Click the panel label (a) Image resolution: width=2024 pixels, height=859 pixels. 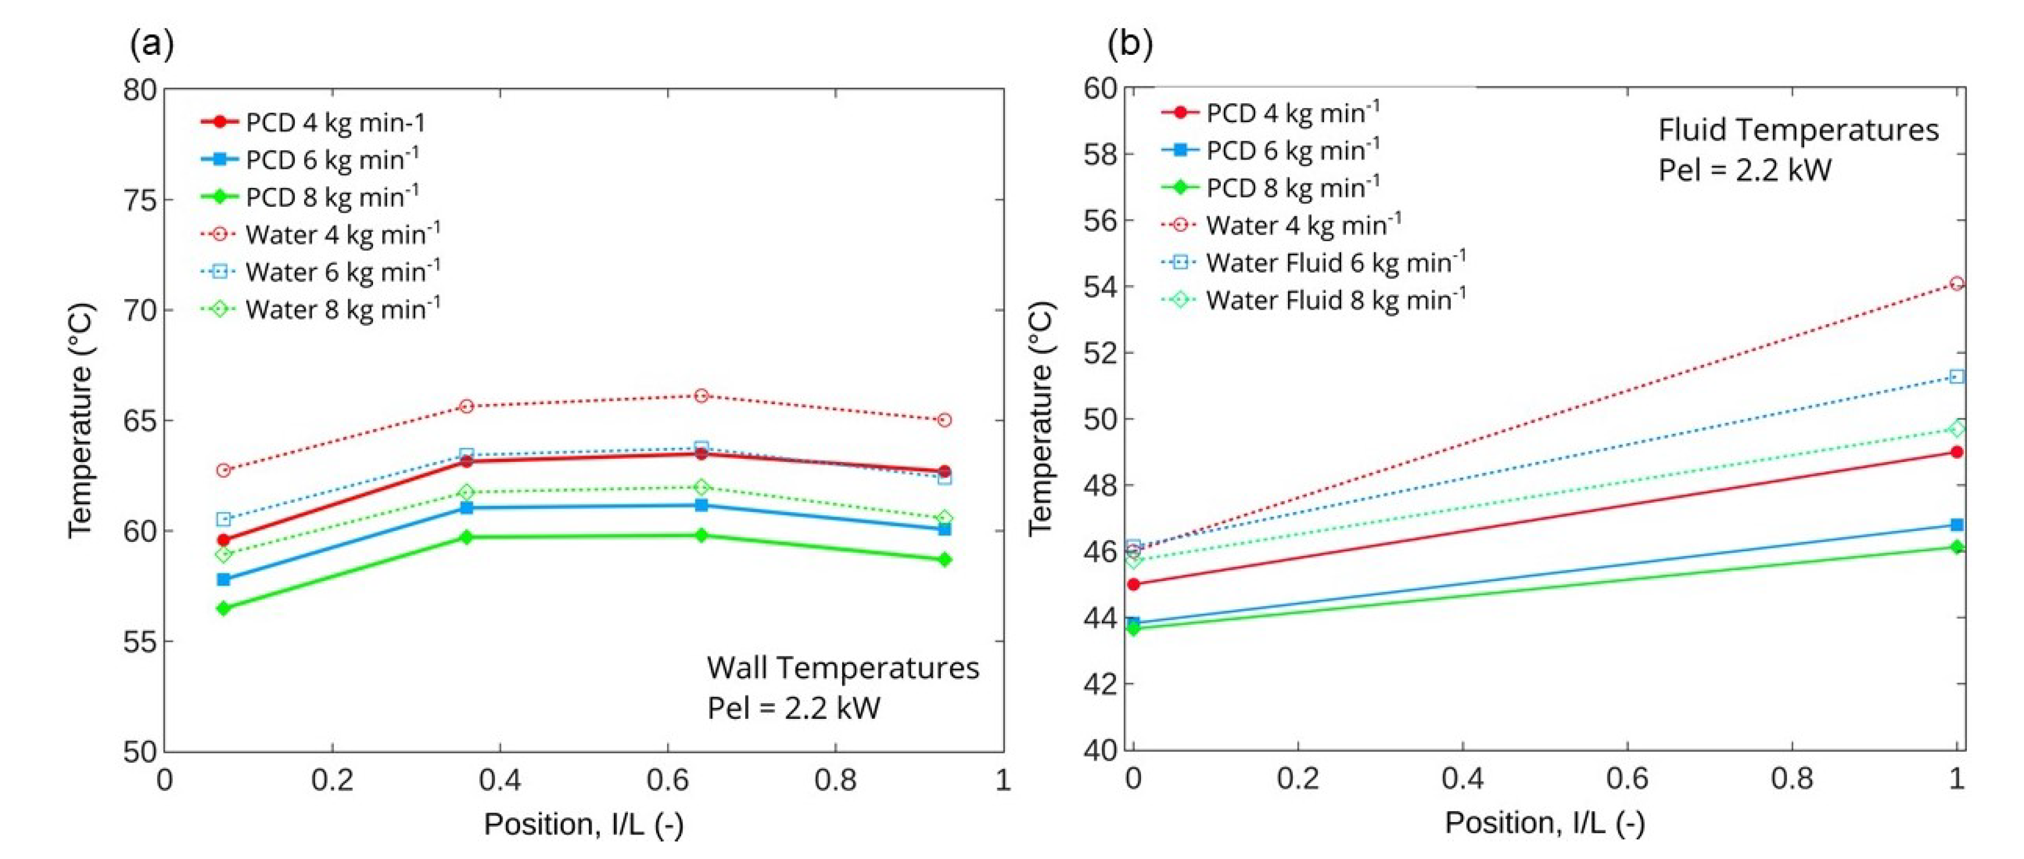[152, 44]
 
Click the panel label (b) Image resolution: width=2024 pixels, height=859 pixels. [1130, 43]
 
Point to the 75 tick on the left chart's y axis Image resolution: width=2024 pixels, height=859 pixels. [140, 200]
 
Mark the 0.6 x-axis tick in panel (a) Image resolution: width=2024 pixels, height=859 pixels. [668, 780]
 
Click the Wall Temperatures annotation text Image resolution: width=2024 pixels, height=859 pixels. [842, 668]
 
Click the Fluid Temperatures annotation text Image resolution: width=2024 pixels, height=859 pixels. [1798, 130]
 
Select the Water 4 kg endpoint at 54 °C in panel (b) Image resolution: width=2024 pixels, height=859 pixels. [1956, 284]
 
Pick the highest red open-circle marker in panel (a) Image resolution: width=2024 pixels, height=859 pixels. [702, 396]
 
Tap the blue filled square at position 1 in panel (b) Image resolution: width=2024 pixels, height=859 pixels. [1956, 525]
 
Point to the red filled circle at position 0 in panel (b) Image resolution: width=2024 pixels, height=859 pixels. [1133, 585]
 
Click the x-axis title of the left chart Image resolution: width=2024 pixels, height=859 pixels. [583, 825]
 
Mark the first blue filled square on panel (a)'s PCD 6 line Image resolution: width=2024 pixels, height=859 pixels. [224, 580]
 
